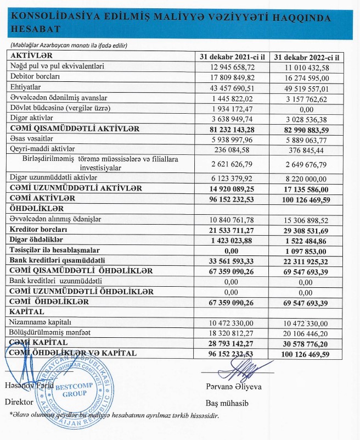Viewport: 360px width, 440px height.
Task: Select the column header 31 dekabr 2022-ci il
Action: (x=307, y=57)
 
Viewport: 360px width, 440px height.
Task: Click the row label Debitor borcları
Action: (x=34, y=77)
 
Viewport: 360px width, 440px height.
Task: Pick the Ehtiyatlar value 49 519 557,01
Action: (x=307, y=87)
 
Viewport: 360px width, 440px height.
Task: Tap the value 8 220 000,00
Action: (x=307, y=177)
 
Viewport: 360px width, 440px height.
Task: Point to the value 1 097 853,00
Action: (x=307, y=250)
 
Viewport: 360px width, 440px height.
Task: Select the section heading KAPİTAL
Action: (x=27, y=311)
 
